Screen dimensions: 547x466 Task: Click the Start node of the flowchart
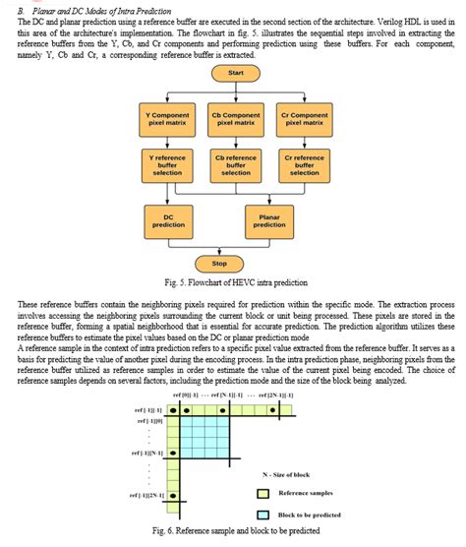(x=235, y=74)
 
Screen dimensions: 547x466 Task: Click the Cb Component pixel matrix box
(x=235, y=120)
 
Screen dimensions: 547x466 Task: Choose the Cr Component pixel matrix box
(x=305, y=120)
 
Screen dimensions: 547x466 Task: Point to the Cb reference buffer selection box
(x=235, y=162)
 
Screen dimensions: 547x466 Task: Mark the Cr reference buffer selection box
(x=305, y=162)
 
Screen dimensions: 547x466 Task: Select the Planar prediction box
(x=269, y=220)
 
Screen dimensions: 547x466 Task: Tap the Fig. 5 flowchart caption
(x=233, y=282)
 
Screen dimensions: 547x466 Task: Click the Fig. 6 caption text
(x=233, y=531)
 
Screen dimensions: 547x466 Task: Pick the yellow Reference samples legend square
(x=262, y=493)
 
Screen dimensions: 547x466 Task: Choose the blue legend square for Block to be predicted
(x=262, y=514)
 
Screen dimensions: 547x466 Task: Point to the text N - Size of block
(x=299, y=475)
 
